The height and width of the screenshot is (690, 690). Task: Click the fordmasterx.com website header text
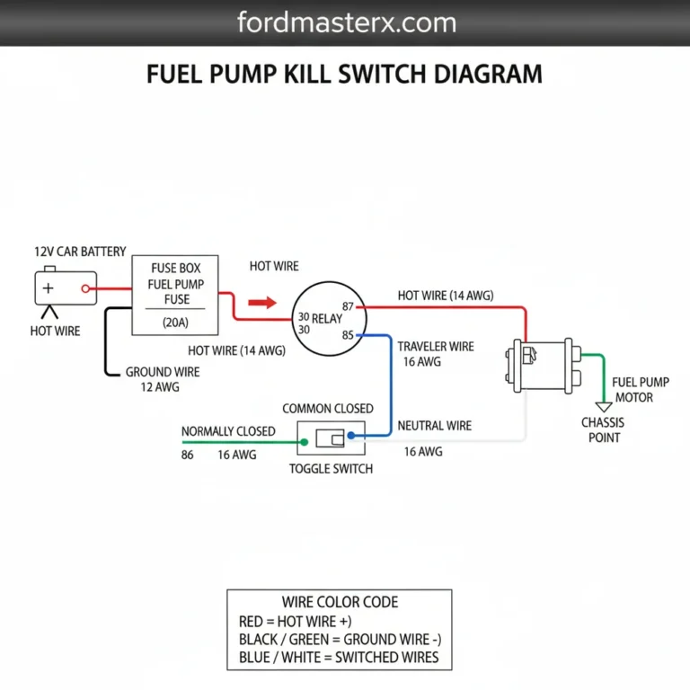[x=346, y=22]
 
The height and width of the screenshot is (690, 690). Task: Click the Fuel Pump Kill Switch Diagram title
[x=344, y=73]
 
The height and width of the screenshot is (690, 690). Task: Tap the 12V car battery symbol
[x=61, y=288]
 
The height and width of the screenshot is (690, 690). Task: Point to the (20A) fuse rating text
[x=175, y=322]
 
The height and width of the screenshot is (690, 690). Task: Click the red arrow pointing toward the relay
[x=261, y=304]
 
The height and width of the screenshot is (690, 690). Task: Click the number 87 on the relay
[x=350, y=307]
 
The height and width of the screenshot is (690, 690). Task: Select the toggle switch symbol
[x=331, y=439]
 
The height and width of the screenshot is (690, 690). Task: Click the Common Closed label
[x=328, y=409]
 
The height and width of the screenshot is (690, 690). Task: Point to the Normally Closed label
[x=228, y=431]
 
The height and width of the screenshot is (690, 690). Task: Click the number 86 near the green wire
[x=188, y=456]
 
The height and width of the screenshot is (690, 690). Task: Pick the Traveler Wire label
[x=436, y=346]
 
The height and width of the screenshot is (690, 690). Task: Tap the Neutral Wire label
[x=434, y=425]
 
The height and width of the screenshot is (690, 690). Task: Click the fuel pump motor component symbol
[x=542, y=365]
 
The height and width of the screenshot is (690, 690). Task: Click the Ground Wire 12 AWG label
[x=162, y=379]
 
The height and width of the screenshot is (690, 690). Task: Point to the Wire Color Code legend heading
[x=340, y=602]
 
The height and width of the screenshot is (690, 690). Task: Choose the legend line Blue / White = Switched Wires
[x=340, y=657]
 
